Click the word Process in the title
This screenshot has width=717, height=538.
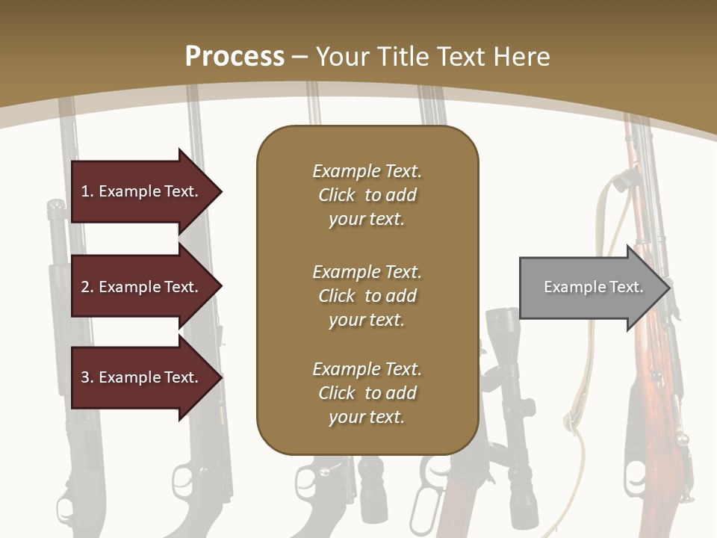(235, 57)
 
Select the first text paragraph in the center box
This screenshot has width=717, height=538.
(367, 195)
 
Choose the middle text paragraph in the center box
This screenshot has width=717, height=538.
(367, 296)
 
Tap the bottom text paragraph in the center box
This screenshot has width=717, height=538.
(367, 393)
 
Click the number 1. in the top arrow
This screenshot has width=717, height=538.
(87, 191)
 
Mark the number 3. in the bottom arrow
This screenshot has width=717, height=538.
(87, 377)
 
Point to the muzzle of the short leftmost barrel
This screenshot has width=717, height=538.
(56, 205)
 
